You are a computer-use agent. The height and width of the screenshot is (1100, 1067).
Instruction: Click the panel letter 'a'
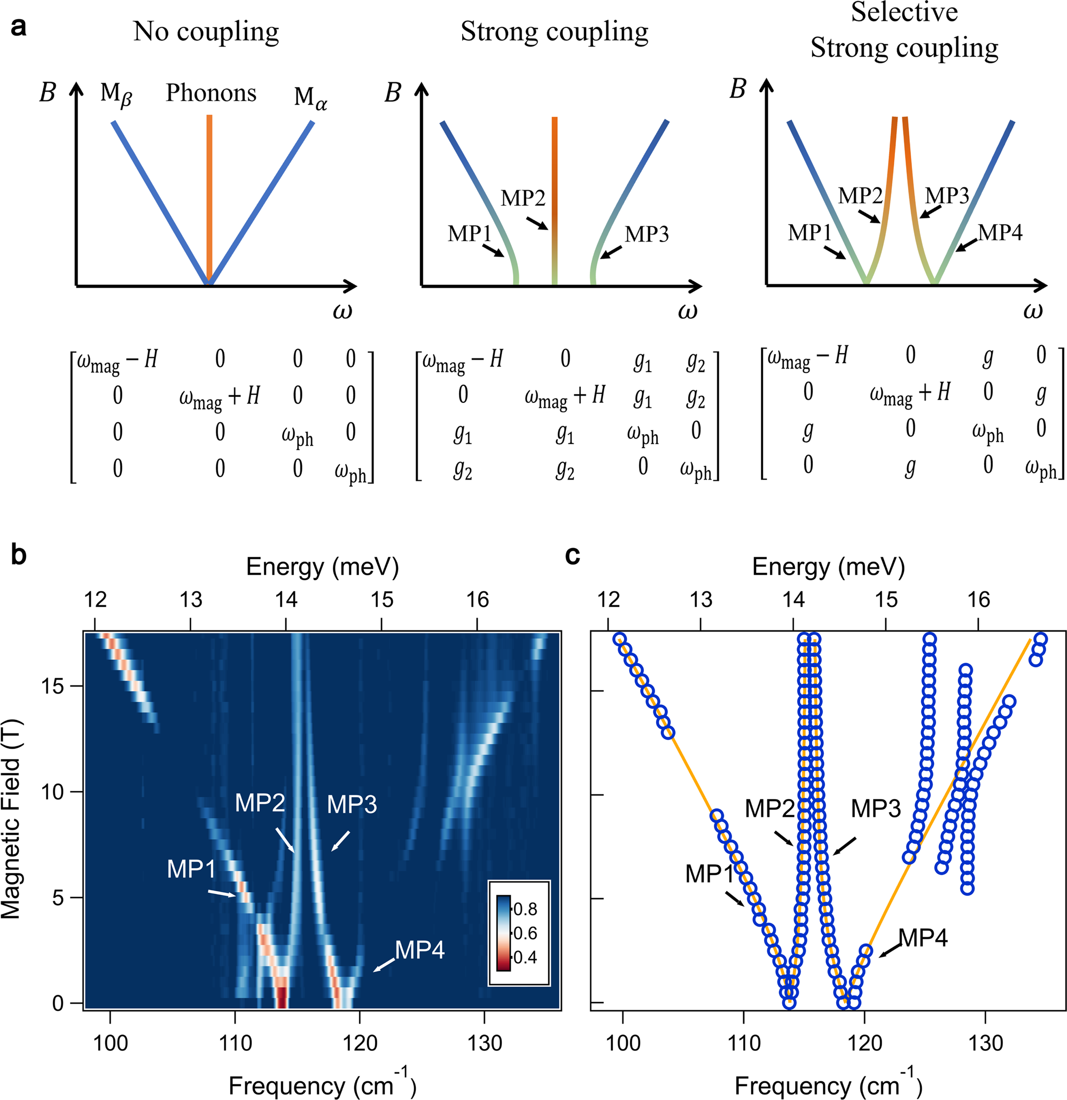click(18, 27)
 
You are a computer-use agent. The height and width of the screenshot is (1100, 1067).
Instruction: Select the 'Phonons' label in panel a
click(211, 92)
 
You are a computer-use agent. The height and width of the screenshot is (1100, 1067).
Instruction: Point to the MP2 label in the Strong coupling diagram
click(523, 198)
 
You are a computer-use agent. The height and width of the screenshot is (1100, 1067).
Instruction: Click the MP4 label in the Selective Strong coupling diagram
click(1000, 232)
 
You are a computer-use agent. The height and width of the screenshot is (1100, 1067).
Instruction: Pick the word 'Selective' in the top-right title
click(904, 12)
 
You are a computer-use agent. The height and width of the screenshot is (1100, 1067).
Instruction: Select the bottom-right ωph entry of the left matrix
click(351, 471)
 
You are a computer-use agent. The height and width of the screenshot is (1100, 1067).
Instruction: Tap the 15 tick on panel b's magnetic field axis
click(54, 686)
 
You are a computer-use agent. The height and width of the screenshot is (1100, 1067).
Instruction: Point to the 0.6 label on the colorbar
click(525, 933)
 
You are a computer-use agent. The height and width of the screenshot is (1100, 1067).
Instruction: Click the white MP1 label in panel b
click(191, 869)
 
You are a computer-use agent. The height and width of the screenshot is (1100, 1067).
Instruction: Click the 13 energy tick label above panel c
click(700, 600)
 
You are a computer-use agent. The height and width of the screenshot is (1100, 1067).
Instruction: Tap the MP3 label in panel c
click(875, 809)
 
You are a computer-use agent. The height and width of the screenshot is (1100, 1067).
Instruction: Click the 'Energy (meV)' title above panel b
click(322, 567)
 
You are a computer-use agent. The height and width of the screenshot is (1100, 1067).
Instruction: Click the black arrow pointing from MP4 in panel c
click(890, 950)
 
